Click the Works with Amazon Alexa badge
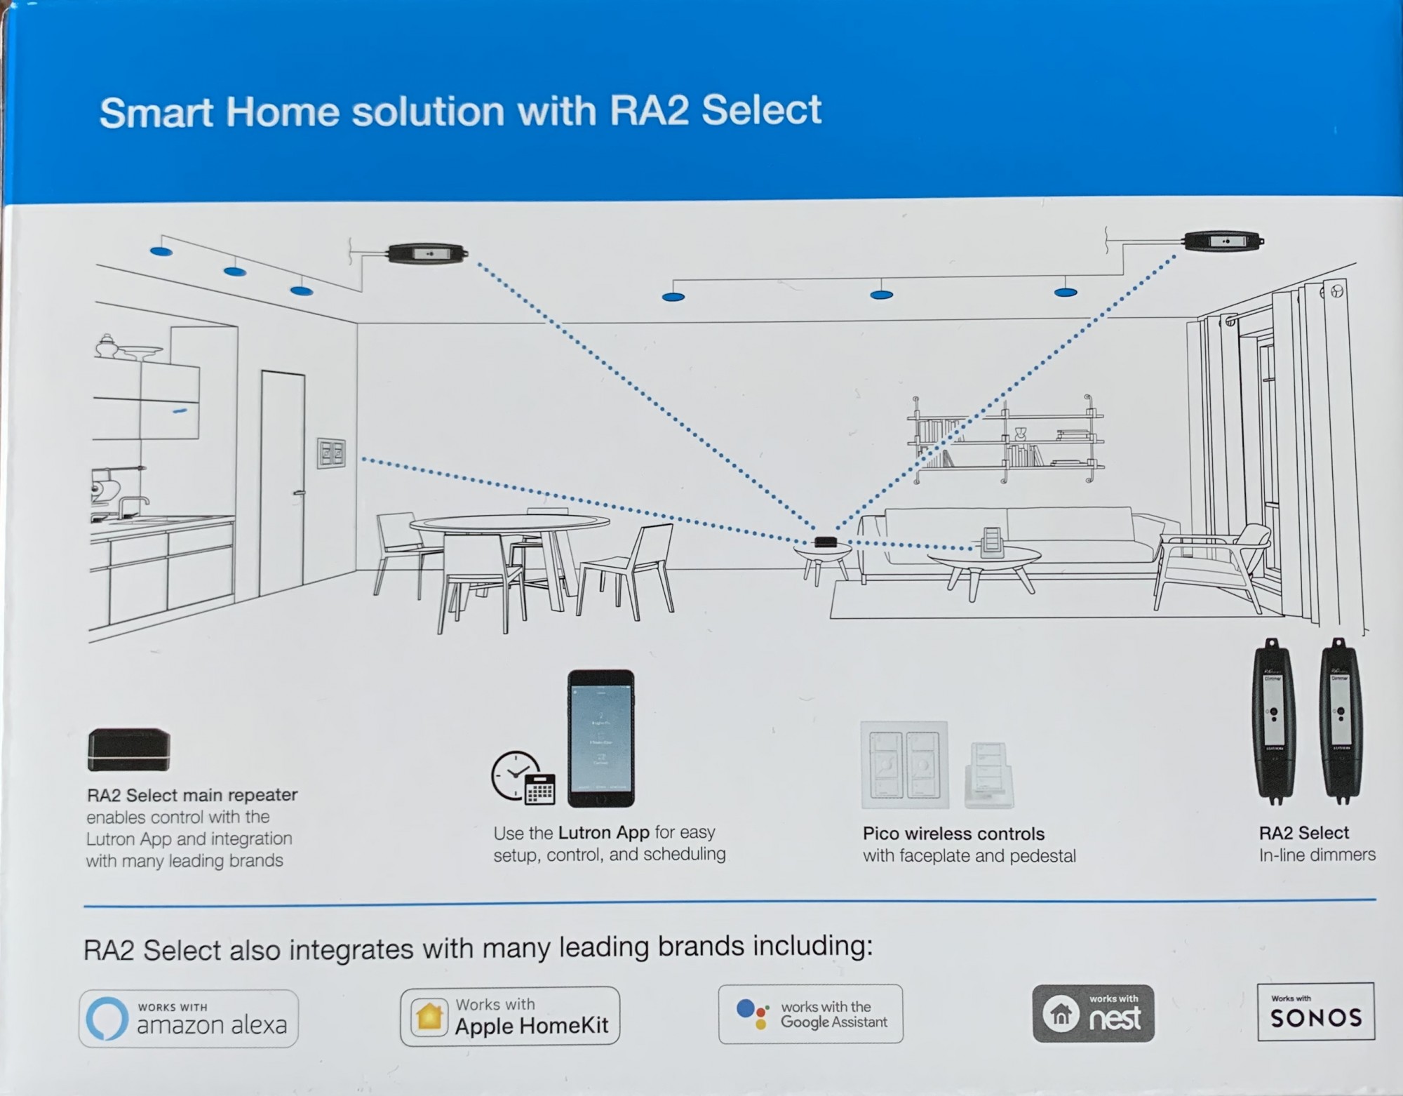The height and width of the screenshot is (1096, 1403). click(x=188, y=1019)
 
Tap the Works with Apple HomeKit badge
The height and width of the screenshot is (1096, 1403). click(x=510, y=1016)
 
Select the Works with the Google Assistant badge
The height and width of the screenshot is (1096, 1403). click(x=810, y=1014)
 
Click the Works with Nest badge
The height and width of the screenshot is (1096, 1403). click(x=1093, y=1013)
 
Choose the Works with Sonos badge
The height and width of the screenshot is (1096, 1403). click(x=1315, y=1011)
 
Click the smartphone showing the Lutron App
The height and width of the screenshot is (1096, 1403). click(x=601, y=738)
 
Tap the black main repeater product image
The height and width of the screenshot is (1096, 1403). click(x=129, y=749)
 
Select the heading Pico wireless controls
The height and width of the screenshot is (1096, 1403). click(x=953, y=834)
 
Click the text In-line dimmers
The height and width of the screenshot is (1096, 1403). click(x=1317, y=855)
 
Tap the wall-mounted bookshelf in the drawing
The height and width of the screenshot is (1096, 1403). click(x=1005, y=439)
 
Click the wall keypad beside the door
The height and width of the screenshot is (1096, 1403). click(x=331, y=453)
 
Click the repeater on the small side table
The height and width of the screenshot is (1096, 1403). click(x=825, y=541)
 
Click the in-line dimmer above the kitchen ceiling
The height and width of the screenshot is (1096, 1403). click(x=427, y=253)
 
